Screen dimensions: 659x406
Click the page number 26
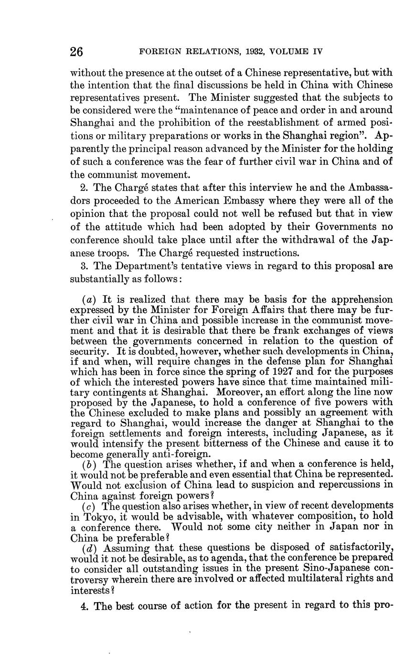77,52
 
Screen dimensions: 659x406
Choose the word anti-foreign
171,454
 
